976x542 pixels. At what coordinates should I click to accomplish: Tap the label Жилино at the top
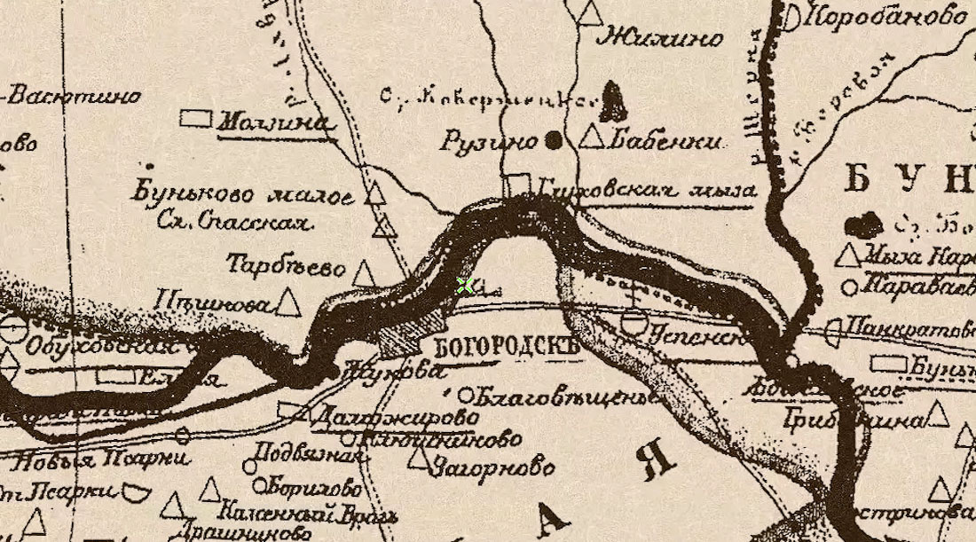[x=660, y=37]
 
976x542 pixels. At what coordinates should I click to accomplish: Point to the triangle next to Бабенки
[x=592, y=137]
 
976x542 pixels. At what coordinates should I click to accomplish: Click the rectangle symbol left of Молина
[x=196, y=117]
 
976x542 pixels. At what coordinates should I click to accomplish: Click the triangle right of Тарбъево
[x=364, y=272]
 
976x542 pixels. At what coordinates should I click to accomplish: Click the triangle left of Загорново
[x=418, y=459]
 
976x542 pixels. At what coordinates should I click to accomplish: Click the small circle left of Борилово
[x=259, y=485]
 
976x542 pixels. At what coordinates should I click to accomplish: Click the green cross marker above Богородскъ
[x=464, y=285]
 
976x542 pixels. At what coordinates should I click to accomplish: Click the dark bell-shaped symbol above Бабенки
[x=612, y=101]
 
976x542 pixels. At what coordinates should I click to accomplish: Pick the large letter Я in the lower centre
[x=658, y=460]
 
